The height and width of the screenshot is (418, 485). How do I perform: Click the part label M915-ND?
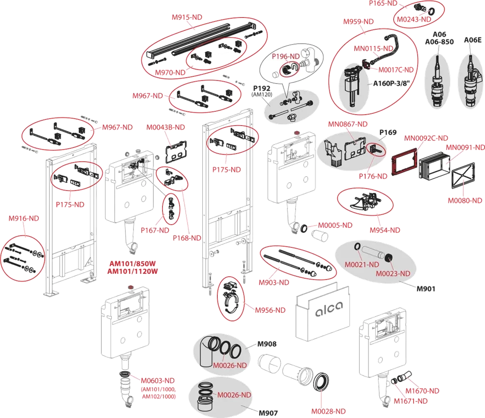(x=187, y=17)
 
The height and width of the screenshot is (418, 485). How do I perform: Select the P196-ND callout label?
(x=286, y=56)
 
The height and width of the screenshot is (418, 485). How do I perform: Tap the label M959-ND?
(x=358, y=22)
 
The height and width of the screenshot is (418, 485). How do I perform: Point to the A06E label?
(x=472, y=41)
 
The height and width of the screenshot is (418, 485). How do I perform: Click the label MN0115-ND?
(x=374, y=48)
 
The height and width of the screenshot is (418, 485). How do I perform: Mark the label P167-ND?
(x=155, y=230)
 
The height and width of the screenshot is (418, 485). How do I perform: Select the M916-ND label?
(x=24, y=218)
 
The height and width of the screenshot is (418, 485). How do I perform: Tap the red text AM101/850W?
(x=133, y=264)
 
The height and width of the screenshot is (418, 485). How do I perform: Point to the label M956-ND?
(x=270, y=310)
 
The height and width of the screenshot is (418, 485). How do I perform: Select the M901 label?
(x=426, y=289)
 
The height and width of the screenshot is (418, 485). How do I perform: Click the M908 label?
(x=267, y=344)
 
